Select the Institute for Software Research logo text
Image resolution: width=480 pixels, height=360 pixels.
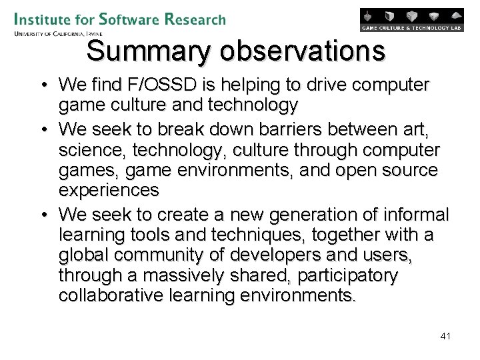119,19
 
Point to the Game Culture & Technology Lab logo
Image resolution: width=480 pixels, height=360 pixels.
411,20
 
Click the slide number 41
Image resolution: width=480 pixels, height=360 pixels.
445,336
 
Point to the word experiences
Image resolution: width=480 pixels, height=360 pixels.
109,191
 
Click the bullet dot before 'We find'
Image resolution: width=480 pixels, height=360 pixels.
42,85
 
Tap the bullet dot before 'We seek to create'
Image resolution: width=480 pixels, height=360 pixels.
42,215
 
